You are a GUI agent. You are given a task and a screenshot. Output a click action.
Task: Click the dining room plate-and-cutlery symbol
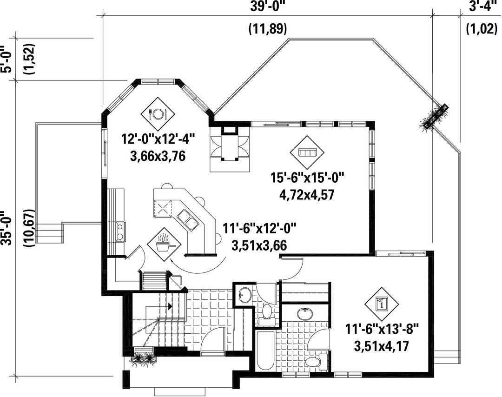click(158, 113)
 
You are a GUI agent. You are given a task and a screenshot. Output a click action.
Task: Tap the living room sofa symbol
click(307, 152)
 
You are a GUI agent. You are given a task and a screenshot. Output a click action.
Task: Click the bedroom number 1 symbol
click(382, 303)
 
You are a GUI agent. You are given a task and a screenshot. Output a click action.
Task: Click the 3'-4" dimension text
click(481, 6)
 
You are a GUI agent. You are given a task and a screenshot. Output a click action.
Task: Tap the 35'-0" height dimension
click(7, 228)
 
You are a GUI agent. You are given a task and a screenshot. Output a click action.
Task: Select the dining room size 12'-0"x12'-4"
click(158, 139)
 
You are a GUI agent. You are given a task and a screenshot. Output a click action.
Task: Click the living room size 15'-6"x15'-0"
click(307, 178)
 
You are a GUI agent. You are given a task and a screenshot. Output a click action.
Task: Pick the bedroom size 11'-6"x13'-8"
click(382, 330)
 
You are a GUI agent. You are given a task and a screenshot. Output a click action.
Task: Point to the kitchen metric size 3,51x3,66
click(259, 245)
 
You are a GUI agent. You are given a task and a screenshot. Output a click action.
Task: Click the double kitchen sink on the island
click(188, 219)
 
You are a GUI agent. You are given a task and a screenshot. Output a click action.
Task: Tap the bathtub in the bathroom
click(265, 350)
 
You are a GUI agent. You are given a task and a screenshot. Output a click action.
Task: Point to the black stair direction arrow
click(170, 306)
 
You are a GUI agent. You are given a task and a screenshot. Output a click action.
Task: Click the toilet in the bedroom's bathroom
click(315, 361)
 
